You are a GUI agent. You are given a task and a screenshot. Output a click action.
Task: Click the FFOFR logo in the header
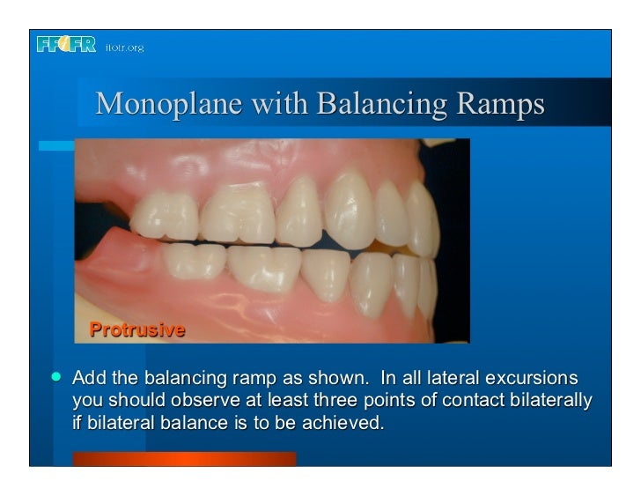(66, 45)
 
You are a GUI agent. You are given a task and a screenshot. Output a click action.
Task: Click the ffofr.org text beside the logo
(123, 47)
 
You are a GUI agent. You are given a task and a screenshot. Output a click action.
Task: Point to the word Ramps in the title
(500, 104)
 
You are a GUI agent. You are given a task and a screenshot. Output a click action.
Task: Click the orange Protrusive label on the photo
(136, 330)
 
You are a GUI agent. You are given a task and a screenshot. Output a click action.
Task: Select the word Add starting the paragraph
(88, 379)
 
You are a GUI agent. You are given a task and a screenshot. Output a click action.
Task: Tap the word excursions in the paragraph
(533, 379)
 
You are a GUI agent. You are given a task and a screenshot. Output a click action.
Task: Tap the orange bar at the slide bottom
(184, 458)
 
